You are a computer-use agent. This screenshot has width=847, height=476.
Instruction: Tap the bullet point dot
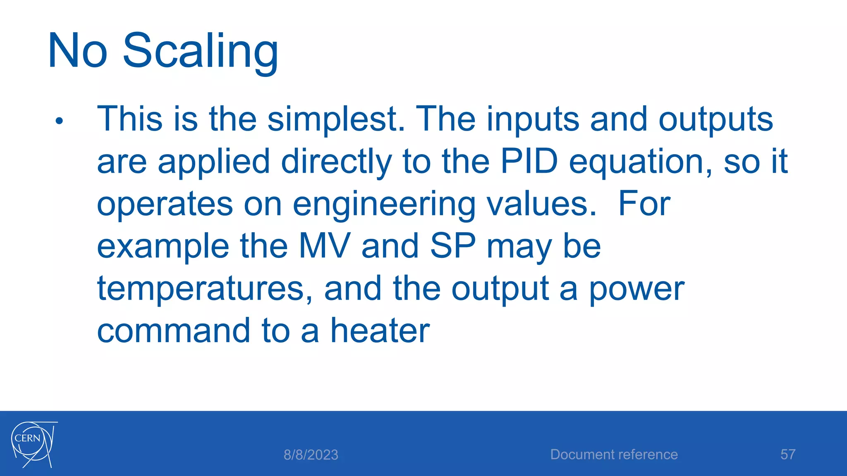[59, 121]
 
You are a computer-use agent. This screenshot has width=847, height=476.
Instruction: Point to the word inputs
[533, 119]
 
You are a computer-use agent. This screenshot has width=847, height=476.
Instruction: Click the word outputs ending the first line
[715, 119]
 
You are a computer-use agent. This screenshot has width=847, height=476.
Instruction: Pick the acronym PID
[529, 161]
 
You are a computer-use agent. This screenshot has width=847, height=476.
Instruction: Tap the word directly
[336, 162]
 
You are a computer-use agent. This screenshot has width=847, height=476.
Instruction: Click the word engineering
[384, 205]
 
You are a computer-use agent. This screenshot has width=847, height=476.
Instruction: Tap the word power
[636, 290]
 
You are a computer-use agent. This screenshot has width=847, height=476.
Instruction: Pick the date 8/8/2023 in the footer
[311, 455]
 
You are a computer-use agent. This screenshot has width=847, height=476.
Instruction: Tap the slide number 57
[787, 455]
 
